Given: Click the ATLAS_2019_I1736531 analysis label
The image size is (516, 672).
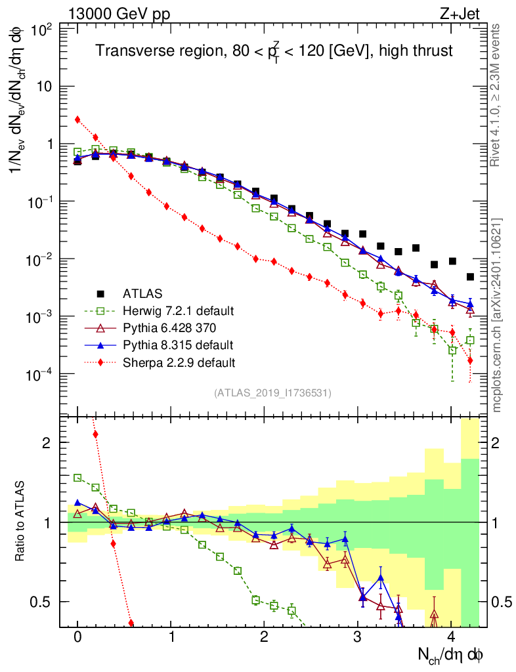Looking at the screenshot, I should click(272, 393).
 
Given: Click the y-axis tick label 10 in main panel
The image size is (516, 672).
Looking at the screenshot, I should click(45, 87).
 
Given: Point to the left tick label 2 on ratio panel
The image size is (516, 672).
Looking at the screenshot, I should click(49, 442).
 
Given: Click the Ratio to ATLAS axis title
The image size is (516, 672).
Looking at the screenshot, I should click(22, 522).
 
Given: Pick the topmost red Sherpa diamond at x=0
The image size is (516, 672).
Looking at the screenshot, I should click(77, 119).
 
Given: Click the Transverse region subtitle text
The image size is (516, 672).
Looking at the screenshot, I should click(274, 51).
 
